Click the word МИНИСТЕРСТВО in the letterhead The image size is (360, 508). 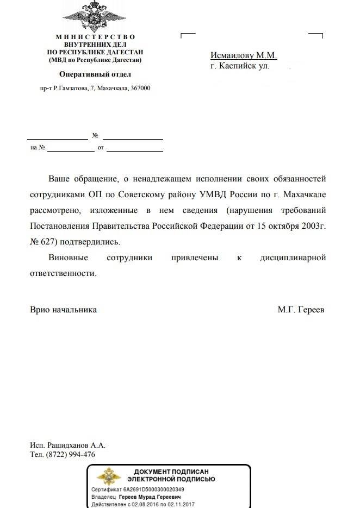coord(95,36)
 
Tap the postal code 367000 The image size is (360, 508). coord(140,88)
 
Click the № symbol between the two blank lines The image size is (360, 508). coord(95,135)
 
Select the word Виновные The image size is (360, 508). coord(66,258)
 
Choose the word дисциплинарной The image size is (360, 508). coord(293,258)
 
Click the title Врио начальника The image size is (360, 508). coord(63,309)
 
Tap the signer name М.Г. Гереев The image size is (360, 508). coord(301,309)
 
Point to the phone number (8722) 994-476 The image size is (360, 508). coord(71,454)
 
